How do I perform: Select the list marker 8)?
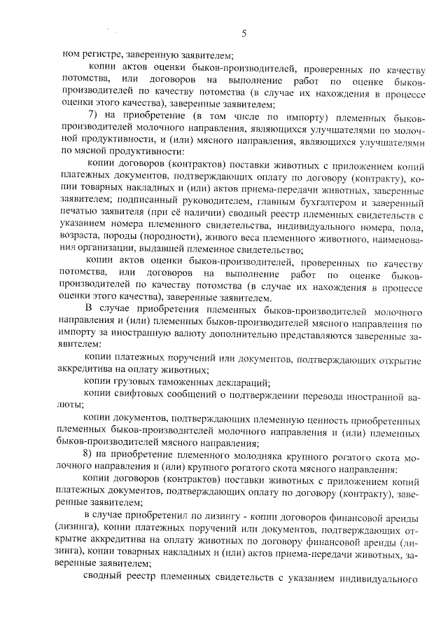click(x=88, y=455)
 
